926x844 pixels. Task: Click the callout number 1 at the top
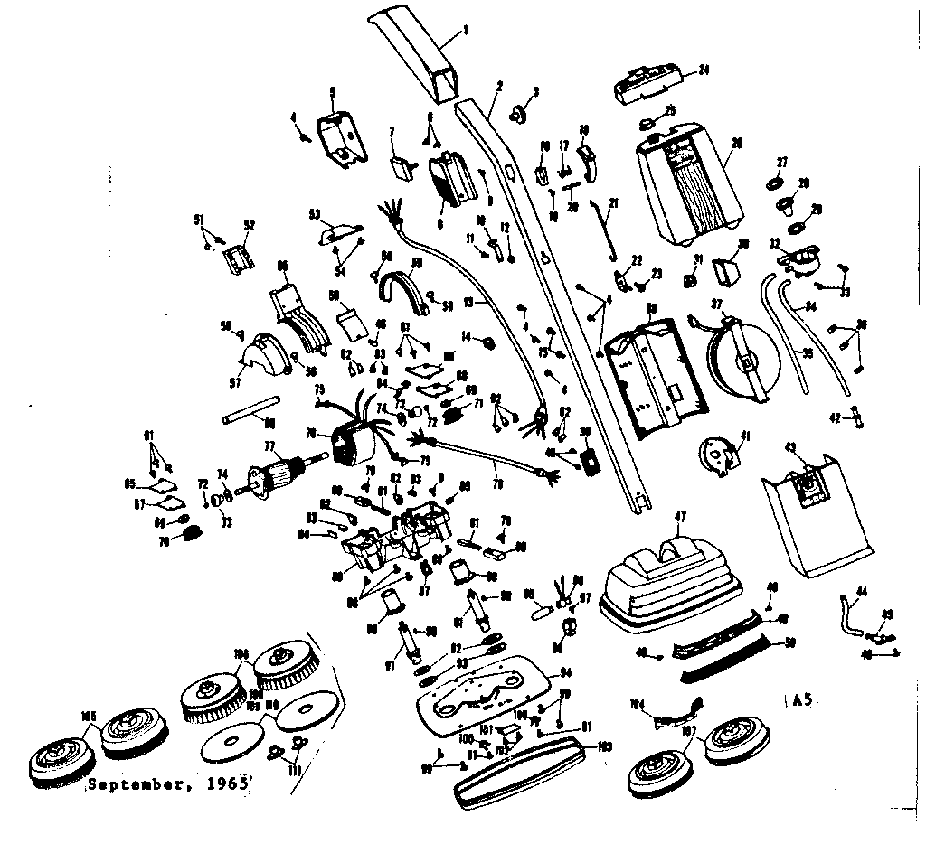tap(465, 30)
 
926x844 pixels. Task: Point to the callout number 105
tap(88, 717)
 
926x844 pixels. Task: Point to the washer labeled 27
tap(775, 183)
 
